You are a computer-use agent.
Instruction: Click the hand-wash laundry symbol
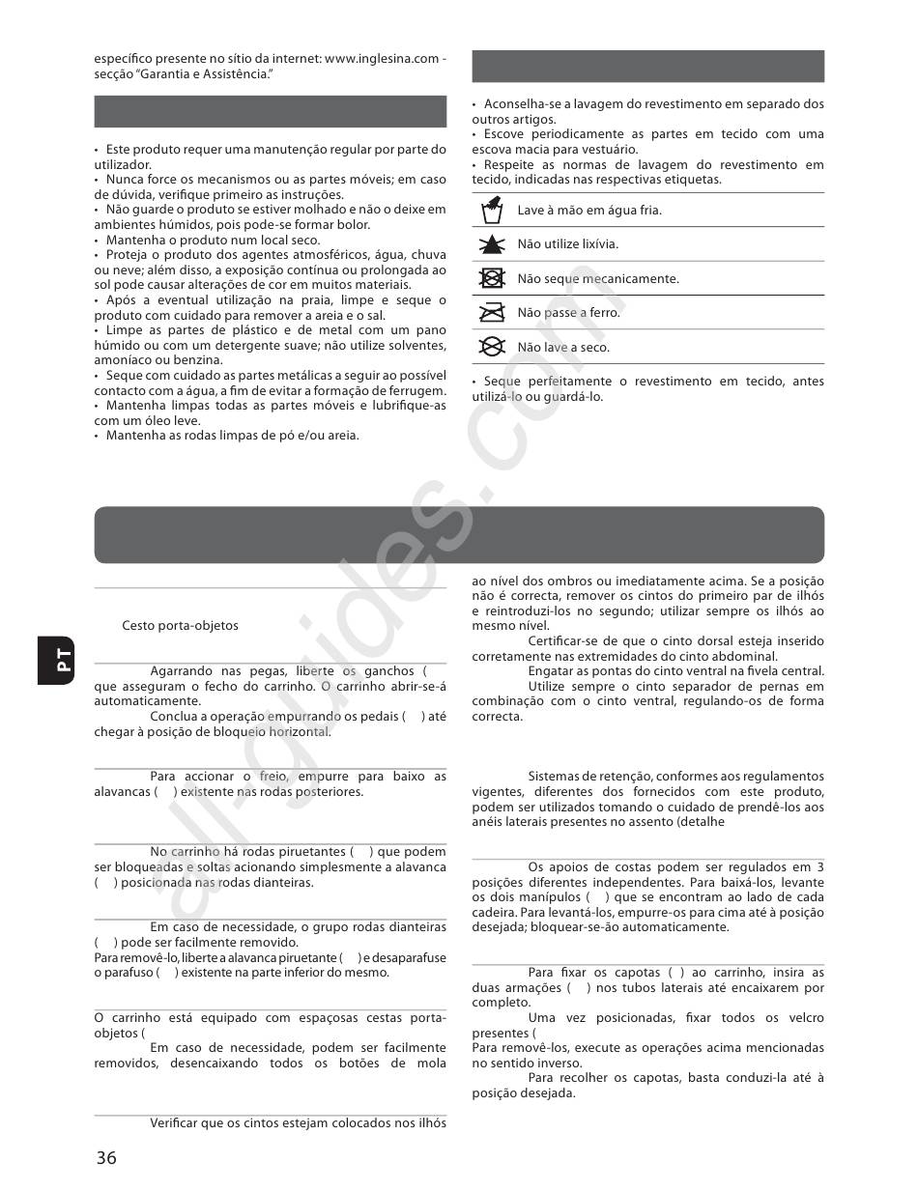click(x=493, y=210)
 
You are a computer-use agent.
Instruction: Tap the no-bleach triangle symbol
click(x=493, y=244)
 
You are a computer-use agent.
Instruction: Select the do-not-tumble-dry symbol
click(x=493, y=278)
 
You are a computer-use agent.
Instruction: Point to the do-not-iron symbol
click(x=493, y=313)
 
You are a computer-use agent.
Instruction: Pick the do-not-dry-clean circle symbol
click(x=493, y=347)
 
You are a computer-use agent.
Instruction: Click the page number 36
click(x=106, y=1157)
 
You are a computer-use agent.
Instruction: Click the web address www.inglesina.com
click(x=383, y=58)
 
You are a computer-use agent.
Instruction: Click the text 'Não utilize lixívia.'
click(x=567, y=244)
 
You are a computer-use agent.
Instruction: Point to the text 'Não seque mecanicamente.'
click(x=598, y=278)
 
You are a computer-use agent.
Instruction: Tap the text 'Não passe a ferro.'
click(x=568, y=313)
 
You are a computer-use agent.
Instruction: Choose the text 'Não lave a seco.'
click(x=563, y=347)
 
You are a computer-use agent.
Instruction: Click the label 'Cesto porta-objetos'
click(x=180, y=625)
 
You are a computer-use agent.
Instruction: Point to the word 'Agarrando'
click(x=183, y=670)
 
